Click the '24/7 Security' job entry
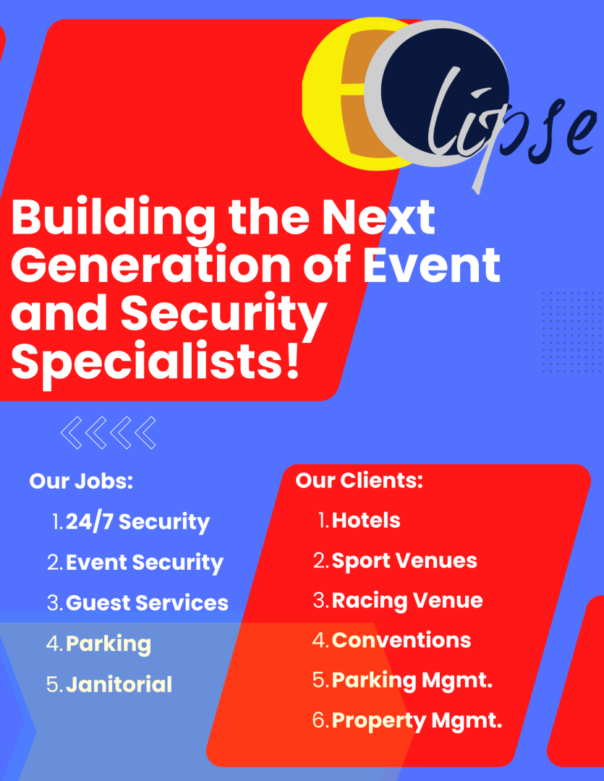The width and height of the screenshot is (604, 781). tap(137, 522)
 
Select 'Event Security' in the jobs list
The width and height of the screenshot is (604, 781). tap(145, 563)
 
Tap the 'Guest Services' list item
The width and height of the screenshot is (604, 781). tap(147, 602)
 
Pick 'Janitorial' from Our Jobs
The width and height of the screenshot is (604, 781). tap(119, 684)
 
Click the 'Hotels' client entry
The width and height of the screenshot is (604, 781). tap(366, 521)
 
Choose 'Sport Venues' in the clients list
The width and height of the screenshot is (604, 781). tap(404, 561)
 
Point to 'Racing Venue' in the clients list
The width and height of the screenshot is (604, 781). tap(407, 601)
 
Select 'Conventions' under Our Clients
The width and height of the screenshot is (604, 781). tap(401, 640)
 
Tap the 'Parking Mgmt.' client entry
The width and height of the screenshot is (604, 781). tap(412, 681)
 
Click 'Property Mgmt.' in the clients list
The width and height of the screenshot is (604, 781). tap(417, 721)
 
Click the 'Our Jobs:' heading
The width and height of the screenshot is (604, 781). tap(81, 481)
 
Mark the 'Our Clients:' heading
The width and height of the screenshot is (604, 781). tap(360, 480)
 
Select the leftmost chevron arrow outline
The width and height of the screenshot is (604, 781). tap(72, 432)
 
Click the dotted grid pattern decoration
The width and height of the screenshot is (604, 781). tap(573, 332)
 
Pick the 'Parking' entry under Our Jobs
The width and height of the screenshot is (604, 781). tap(109, 644)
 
